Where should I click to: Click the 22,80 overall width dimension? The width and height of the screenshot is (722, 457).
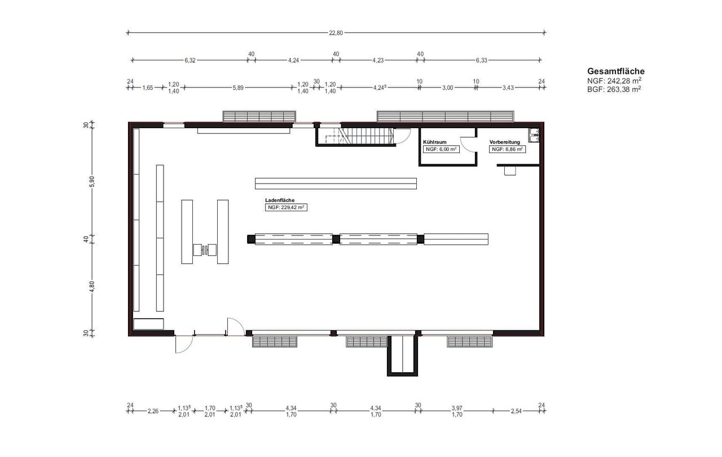tap(336, 33)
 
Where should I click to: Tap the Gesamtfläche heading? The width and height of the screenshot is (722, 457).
tap(615, 71)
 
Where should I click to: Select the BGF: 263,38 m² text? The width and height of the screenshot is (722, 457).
tap(614, 89)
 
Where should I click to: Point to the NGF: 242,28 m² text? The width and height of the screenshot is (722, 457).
tap(614, 81)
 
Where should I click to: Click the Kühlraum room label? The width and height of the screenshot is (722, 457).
tap(434, 142)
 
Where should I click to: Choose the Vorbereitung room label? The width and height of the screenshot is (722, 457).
tap(504, 142)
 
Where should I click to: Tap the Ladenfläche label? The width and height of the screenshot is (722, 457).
tap(280, 201)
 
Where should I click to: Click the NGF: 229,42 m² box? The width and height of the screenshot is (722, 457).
tap(286, 207)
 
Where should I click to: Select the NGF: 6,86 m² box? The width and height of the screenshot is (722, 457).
tap(507, 149)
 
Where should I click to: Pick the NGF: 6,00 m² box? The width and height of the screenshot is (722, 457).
tap(441, 149)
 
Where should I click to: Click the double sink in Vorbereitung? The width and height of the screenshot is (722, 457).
tap(534, 135)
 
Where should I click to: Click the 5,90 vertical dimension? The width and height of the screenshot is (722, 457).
tap(92, 181)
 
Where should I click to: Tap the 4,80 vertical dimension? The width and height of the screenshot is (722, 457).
tap(92, 286)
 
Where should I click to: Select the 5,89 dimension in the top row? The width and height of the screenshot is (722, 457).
tap(238, 88)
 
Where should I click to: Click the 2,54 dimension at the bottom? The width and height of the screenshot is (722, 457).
tap(516, 411)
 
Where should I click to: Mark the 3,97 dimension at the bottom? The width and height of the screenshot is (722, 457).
tap(457, 408)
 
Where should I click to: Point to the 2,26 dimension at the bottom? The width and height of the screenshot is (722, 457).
tap(153, 411)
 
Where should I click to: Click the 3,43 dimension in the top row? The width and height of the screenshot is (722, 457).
tap(508, 88)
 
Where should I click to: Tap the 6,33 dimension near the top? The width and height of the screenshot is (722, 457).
tap(482, 60)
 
